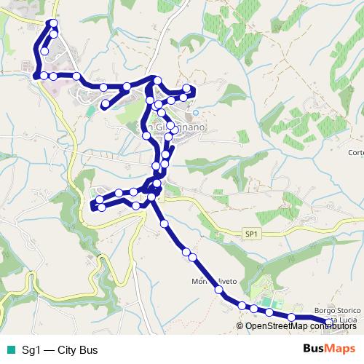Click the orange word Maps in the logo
(342, 349)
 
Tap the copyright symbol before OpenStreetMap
(241, 326)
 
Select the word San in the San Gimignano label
(144, 124)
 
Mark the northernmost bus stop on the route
(53, 24)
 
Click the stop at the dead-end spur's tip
(105, 105)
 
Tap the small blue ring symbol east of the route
(196, 114)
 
